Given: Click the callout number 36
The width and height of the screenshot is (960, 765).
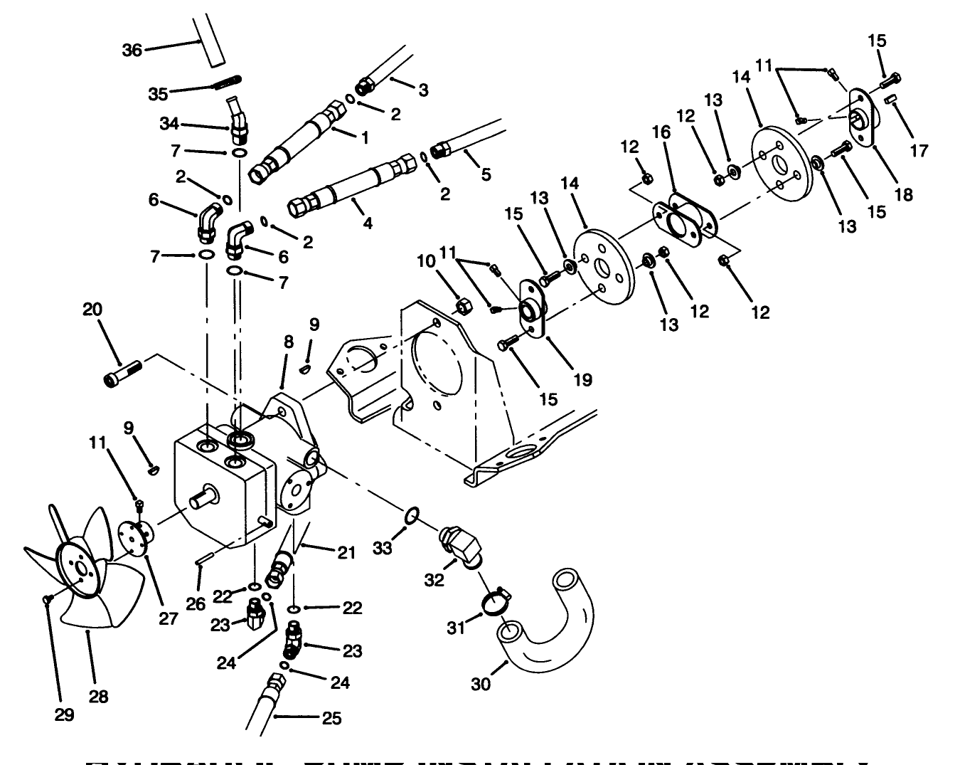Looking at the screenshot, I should [132, 49].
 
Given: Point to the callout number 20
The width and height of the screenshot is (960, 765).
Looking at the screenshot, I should [92, 310].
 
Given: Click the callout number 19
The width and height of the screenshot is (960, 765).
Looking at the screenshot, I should [582, 380].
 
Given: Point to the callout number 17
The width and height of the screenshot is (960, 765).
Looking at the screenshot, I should [919, 151].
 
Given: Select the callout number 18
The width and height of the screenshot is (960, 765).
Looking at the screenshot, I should [903, 194].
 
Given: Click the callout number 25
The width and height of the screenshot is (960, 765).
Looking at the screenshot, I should [331, 718].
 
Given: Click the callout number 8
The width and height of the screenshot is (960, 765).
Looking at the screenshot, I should [288, 342].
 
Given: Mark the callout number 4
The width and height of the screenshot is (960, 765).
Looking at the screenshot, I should [367, 223].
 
